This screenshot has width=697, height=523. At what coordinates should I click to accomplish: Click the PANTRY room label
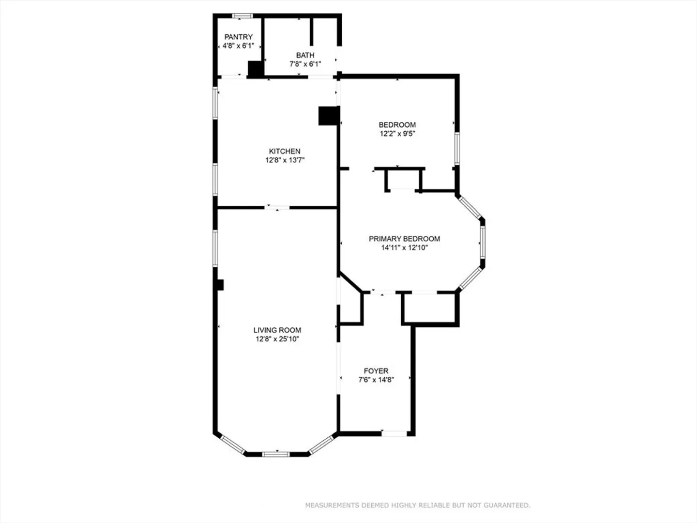pos(239,37)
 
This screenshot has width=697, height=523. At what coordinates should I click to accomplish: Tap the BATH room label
pos(305,55)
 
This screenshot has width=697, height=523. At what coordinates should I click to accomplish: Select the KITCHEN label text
pos(285,151)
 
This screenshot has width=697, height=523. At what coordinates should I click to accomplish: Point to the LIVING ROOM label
pos(277,330)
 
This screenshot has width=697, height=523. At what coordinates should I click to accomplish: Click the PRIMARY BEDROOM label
pos(404,239)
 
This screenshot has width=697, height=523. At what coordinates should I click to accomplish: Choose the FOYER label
pos(376,371)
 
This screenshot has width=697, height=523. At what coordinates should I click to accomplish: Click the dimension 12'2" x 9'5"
pos(397,134)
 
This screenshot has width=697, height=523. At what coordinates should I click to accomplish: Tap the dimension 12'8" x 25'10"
pos(277,339)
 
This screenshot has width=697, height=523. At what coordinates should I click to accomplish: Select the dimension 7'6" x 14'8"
pos(376,380)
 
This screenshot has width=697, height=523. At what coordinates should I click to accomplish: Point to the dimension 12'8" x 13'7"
pos(285,160)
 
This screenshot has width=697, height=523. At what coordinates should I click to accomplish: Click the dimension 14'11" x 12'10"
pos(404,247)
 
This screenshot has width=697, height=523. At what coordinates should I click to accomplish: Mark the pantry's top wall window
pos(242,15)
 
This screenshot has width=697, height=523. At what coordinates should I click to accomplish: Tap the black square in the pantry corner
pos(256,69)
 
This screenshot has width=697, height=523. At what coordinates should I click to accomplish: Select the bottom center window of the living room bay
pos(275,454)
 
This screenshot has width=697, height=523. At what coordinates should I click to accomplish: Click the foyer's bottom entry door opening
pos(394,433)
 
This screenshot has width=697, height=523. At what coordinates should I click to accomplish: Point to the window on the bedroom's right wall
pos(457,149)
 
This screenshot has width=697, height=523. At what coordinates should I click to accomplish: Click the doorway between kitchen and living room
pos(277,208)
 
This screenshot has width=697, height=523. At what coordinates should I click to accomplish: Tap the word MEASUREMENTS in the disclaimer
pos(333,505)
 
